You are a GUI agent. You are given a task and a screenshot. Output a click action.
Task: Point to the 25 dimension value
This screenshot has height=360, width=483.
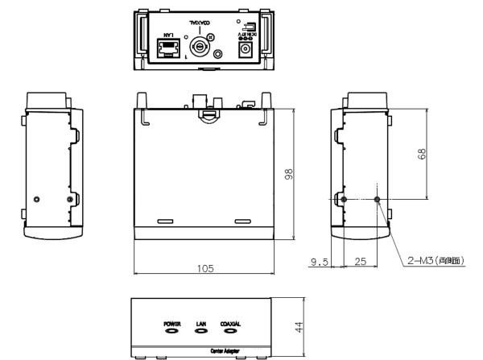point(360,261)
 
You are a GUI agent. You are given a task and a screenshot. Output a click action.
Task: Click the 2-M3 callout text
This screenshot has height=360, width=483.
point(436,259)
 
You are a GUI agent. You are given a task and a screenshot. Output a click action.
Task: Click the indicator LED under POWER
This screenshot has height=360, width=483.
point(171,330)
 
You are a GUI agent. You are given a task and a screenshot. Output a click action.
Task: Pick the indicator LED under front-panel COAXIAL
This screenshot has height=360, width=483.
point(231,330)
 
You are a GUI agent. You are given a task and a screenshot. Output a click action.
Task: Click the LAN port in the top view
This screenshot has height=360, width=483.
point(168,50)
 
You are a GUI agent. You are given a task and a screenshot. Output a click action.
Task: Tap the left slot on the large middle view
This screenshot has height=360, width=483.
point(165,221)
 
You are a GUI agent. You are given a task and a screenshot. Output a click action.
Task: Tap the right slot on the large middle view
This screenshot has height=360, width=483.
point(242,221)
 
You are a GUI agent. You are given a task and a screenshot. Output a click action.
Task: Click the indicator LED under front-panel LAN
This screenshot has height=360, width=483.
point(201,330)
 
